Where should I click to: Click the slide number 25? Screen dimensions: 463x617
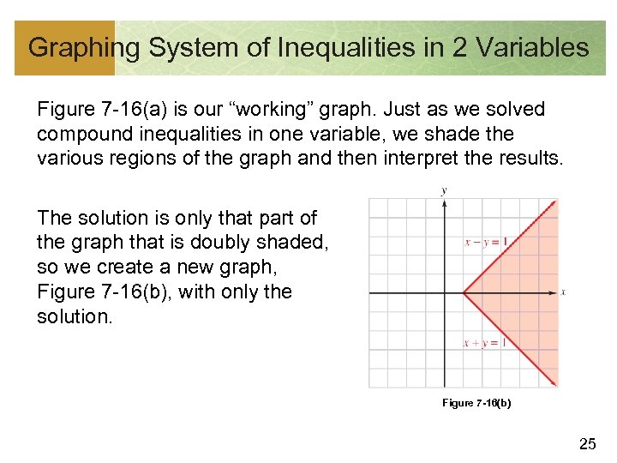click(x=587, y=443)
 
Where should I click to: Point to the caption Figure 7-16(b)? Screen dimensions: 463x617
click(x=476, y=403)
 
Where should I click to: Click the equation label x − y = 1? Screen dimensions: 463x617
click(x=486, y=243)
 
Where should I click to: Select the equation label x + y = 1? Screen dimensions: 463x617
click(x=485, y=343)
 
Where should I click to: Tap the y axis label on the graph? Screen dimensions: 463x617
click(x=443, y=190)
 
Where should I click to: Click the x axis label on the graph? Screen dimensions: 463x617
click(x=563, y=293)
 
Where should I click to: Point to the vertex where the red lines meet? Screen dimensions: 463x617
click(x=464, y=293)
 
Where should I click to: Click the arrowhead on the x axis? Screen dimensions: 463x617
click(x=553, y=293)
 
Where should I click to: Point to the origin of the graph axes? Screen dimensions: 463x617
click(x=443, y=293)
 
